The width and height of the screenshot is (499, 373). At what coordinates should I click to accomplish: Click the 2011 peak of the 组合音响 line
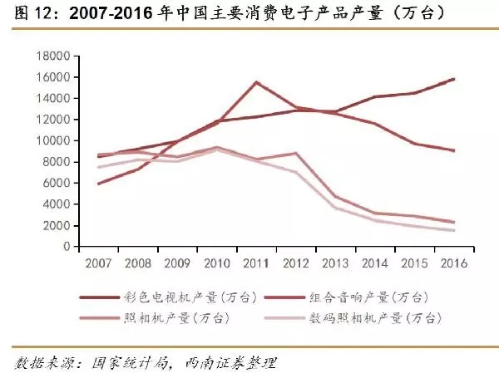click(256, 82)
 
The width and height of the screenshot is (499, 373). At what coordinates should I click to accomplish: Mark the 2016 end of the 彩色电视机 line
click(453, 79)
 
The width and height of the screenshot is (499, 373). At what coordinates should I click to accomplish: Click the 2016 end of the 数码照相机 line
click(453, 230)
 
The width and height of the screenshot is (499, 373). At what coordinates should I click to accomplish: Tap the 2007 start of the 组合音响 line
click(98, 184)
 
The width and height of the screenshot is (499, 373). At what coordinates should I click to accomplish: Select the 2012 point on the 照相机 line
click(295, 153)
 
